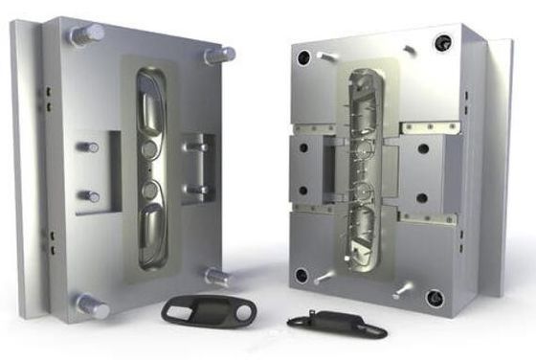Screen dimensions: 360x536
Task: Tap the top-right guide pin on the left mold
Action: coord(218,56)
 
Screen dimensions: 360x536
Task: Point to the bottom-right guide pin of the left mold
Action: coord(217,277)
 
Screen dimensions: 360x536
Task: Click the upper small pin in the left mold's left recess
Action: coord(88,148)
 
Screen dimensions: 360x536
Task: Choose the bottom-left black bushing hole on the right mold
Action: coord(301,276)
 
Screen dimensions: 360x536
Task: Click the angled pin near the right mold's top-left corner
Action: coord(326,56)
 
